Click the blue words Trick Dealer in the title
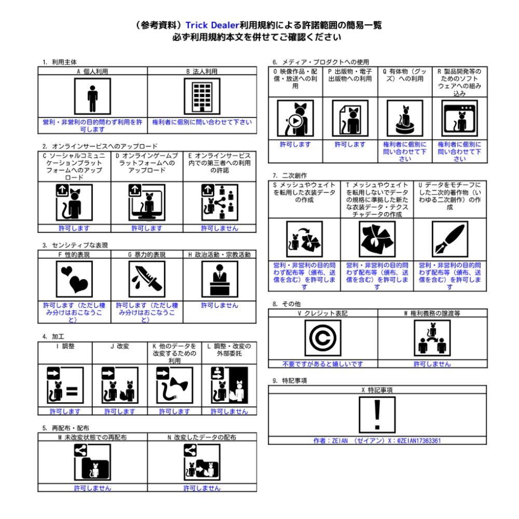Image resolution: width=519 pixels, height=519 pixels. [212, 25]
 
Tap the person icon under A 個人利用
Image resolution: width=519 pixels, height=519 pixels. [92, 97]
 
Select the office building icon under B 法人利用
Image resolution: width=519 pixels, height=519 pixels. [202, 97]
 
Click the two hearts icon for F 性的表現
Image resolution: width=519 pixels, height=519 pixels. [74, 279]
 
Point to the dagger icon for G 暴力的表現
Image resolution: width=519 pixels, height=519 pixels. [147, 279]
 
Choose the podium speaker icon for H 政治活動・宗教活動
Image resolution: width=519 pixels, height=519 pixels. [220, 279]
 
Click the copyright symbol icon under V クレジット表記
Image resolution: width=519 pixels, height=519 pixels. [323, 338]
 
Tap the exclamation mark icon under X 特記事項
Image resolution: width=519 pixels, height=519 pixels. [377, 415]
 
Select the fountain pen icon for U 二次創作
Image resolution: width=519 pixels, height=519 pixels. [450, 239]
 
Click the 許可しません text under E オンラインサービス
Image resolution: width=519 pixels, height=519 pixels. [220, 228]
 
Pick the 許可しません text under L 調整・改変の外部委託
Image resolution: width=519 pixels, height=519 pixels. [229, 412]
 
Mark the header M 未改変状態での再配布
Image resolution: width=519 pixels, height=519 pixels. [92, 437]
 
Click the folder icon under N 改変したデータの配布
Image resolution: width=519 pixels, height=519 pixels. [202, 462]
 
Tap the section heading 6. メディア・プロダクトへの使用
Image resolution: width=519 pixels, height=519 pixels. [321, 62]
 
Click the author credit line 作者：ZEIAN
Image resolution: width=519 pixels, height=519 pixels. [377, 441]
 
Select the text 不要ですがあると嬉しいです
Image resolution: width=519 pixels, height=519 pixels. [323, 364]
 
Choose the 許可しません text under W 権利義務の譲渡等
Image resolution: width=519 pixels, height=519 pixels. [432, 364]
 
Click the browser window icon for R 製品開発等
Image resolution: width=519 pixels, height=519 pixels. [460, 118]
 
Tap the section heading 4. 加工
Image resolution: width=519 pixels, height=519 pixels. [53, 337]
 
